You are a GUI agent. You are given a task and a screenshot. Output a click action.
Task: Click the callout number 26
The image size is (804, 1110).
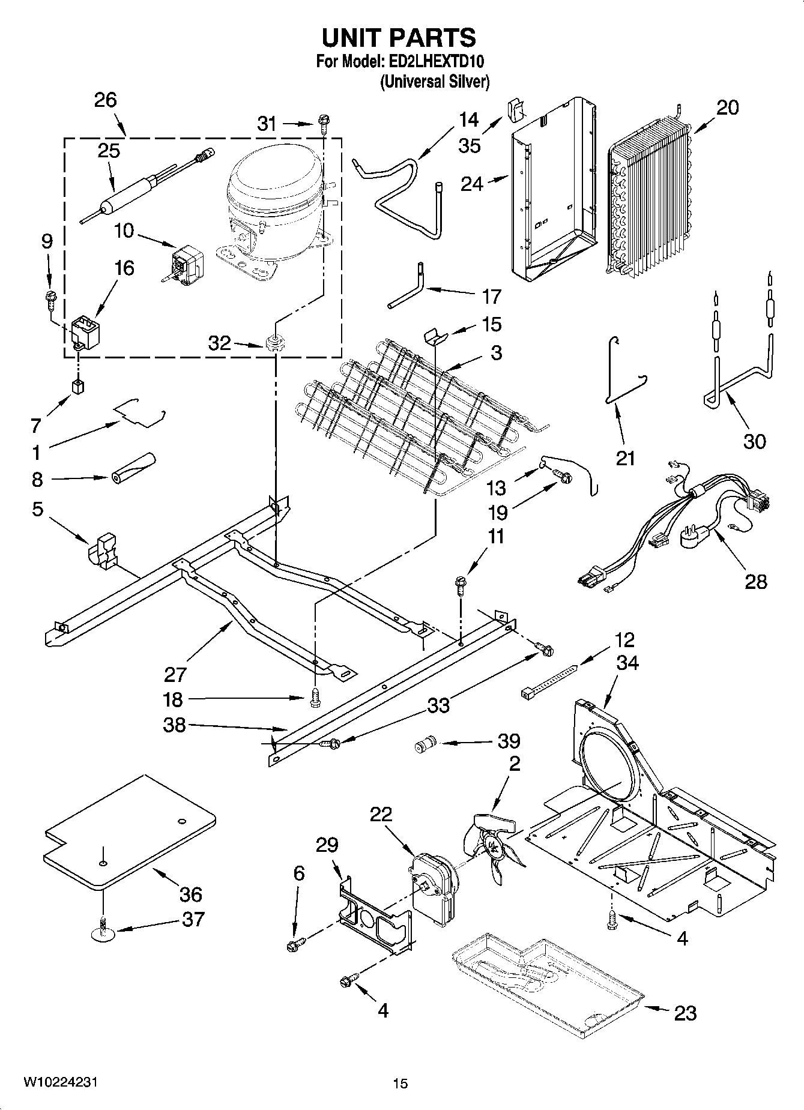(105, 100)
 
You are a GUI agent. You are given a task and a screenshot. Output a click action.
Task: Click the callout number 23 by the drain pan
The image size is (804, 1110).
(685, 1013)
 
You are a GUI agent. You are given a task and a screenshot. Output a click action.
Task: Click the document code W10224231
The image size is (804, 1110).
(60, 1082)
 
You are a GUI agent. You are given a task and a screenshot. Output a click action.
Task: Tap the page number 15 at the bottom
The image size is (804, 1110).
(400, 1084)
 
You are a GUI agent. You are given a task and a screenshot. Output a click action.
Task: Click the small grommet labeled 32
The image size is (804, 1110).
(273, 345)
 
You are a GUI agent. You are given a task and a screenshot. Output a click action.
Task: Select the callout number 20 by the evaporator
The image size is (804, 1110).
(727, 108)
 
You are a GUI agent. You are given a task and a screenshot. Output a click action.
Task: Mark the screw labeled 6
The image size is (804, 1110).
(296, 944)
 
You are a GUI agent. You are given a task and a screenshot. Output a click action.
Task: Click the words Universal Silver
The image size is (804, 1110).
(435, 82)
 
